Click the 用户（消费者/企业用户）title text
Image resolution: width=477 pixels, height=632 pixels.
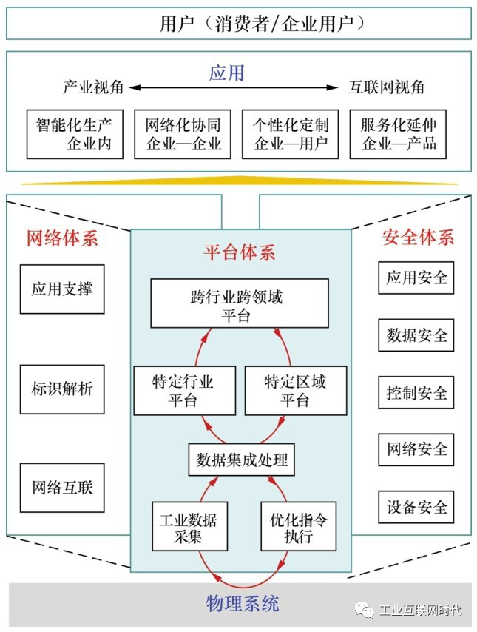262,23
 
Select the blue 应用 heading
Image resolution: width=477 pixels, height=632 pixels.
226,73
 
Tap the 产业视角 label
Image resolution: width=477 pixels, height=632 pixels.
93,87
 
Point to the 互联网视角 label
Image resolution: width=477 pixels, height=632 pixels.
386,87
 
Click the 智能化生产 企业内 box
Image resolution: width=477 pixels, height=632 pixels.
75,134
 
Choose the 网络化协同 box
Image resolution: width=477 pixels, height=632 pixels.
183,134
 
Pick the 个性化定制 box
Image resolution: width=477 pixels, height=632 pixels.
290,134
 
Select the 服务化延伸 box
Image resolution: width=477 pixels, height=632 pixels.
398,134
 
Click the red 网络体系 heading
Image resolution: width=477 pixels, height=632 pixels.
62,238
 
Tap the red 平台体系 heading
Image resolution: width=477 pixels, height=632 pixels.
240,252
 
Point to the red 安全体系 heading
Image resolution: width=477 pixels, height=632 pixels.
418,237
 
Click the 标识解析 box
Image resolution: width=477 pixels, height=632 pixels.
62,389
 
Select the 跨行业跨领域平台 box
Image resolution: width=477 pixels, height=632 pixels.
240,303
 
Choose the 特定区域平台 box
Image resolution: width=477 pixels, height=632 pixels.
296,391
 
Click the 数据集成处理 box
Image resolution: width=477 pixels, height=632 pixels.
242,460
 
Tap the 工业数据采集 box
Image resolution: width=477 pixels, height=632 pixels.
190,526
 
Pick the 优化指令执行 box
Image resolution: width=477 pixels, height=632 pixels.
299,526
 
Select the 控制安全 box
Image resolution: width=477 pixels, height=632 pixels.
416,392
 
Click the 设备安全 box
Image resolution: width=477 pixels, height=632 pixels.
416,507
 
